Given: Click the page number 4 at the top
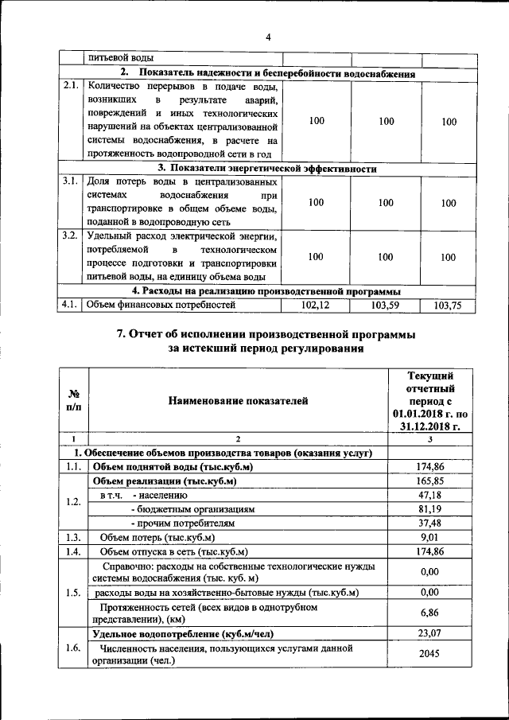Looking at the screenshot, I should tap(268, 37).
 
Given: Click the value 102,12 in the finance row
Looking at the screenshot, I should tap(316, 306).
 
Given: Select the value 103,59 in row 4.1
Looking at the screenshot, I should tap(386, 306).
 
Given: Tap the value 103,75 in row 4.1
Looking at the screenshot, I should tap(449, 306).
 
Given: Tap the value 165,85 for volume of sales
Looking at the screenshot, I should tap(429, 481).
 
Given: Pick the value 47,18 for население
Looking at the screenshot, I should tap(429, 495).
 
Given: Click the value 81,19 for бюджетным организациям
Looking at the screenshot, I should tap(429, 508).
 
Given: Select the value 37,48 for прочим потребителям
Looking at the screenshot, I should tap(429, 523).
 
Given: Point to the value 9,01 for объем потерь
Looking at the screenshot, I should tap(429, 537).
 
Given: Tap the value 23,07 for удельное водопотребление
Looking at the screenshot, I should tap(429, 633).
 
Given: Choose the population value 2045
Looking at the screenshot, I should tap(429, 654).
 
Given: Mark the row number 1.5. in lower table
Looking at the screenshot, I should tap(73, 592).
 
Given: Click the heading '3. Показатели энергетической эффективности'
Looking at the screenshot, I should tap(266, 169).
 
